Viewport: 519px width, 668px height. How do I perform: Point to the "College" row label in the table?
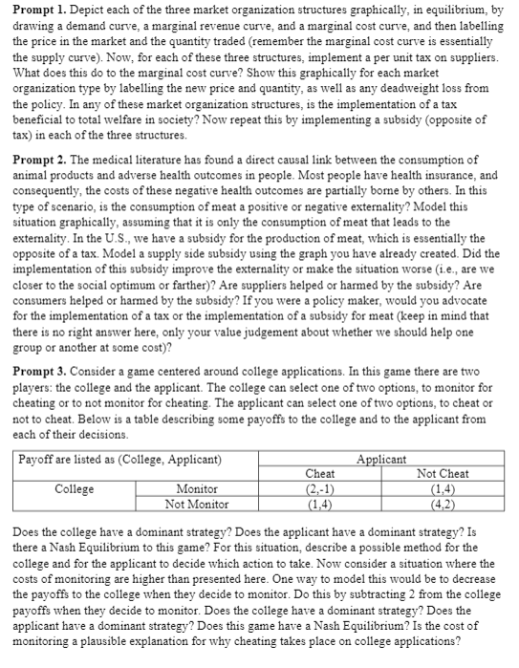75,488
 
